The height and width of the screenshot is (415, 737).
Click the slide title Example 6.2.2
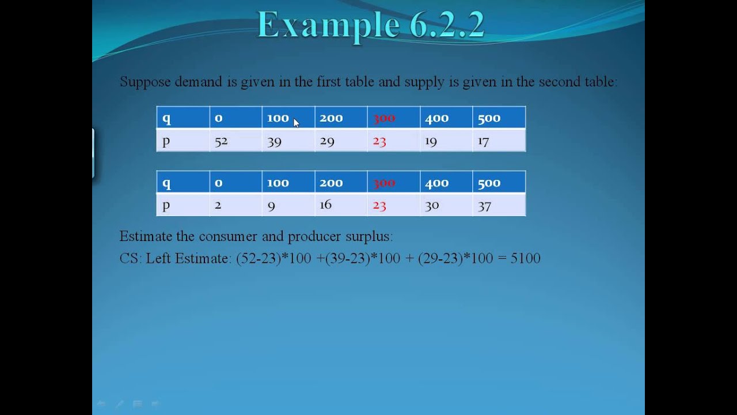point(371,25)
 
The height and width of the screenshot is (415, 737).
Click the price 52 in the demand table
point(221,141)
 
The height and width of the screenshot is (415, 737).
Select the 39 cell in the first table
point(274,141)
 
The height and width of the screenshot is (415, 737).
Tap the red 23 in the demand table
point(379,141)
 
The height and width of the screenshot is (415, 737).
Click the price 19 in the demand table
point(431,141)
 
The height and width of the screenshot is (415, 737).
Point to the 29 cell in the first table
point(327,141)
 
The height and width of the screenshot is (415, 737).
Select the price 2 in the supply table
point(218,205)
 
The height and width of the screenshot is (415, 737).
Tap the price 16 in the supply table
point(325,205)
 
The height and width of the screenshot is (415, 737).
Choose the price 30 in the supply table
point(432,205)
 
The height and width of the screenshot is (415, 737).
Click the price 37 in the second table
point(484,206)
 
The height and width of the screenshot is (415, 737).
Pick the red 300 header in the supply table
point(384,183)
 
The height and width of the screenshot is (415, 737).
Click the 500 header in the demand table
point(489,118)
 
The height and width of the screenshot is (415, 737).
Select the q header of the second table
point(166,183)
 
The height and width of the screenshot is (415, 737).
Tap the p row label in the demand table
point(166,141)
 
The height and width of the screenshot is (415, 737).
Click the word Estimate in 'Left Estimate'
point(203,258)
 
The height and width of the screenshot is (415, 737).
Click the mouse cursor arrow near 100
point(296,122)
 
